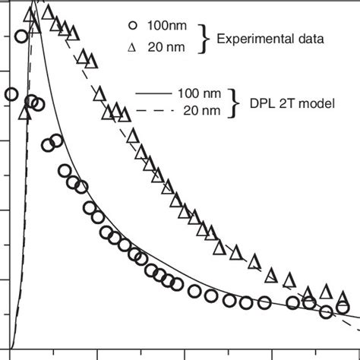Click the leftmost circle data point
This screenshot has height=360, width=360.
(11, 94)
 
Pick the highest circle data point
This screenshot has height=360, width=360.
(22, 36)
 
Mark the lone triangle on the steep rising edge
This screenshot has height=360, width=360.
(25, 113)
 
